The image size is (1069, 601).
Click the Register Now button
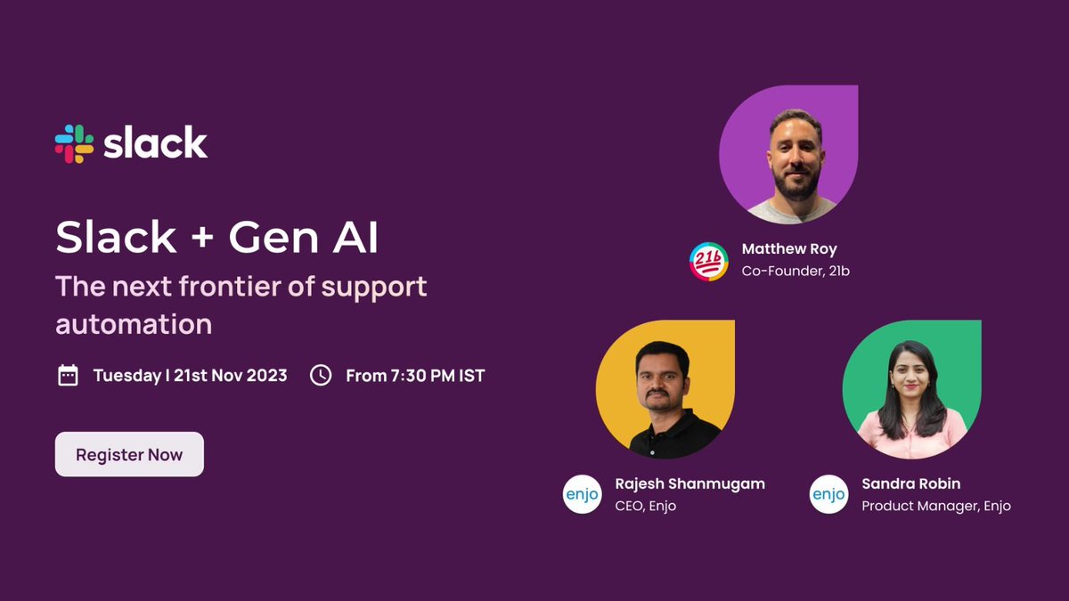(x=129, y=454)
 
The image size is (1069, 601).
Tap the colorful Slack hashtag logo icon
(x=74, y=143)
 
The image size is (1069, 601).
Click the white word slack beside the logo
(x=155, y=143)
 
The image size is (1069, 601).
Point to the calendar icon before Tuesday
(x=68, y=375)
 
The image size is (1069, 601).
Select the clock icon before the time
(x=321, y=375)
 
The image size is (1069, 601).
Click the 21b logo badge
(x=709, y=261)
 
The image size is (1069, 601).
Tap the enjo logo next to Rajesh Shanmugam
(x=582, y=494)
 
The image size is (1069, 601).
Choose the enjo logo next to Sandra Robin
(x=828, y=494)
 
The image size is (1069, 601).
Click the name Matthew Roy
(x=789, y=249)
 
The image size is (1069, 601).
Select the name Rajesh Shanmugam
(x=690, y=484)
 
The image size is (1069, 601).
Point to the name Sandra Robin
(x=910, y=484)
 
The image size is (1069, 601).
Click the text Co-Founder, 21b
(x=796, y=271)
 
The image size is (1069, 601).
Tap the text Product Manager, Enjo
(x=935, y=506)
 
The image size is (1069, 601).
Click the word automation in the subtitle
(x=134, y=323)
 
